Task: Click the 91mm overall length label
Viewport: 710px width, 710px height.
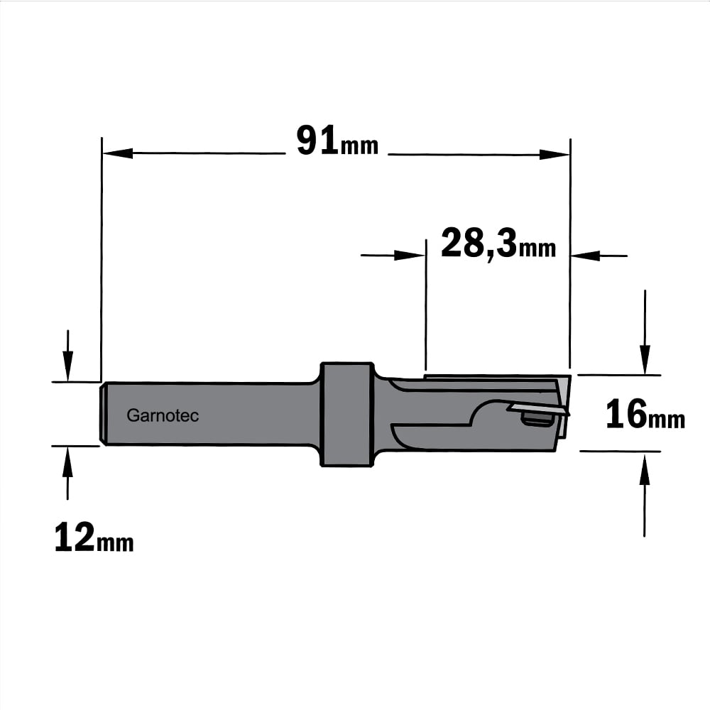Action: tap(337, 141)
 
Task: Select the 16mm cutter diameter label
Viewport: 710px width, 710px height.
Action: tap(645, 414)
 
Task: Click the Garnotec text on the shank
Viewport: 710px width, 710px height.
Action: tap(163, 415)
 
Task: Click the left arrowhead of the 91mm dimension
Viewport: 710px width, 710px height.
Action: tap(118, 153)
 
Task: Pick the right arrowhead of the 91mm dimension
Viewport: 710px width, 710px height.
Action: tap(555, 154)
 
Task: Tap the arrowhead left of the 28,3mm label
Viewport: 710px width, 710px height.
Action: tap(410, 255)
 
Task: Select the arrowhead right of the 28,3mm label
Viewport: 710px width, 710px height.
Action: tap(586, 256)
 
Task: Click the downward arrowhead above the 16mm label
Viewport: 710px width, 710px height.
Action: tap(645, 359)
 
